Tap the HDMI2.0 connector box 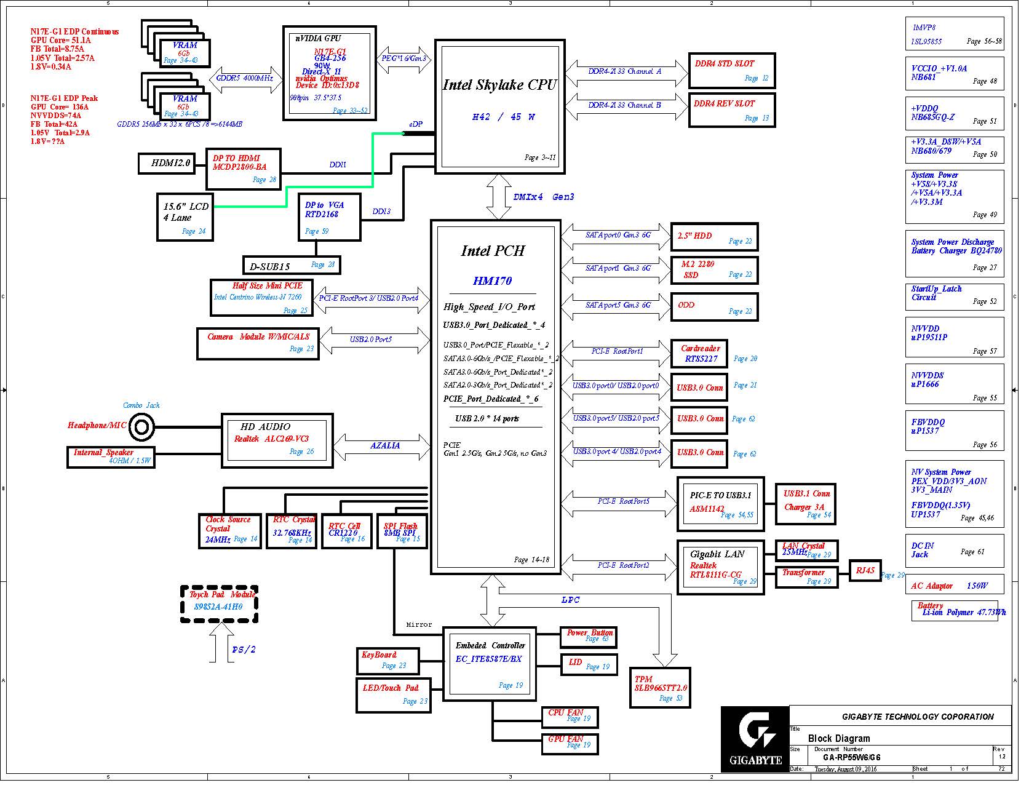coord(165,164)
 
